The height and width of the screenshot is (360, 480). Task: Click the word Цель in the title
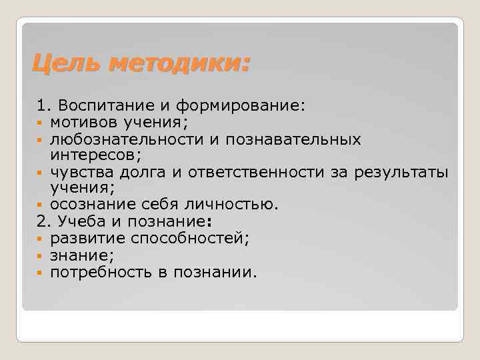[67, 65]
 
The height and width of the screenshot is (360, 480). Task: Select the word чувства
[79, 172]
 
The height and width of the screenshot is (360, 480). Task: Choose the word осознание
[89, 204]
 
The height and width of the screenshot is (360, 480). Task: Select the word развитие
[83, 238]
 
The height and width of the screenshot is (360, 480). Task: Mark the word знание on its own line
[77, 255]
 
